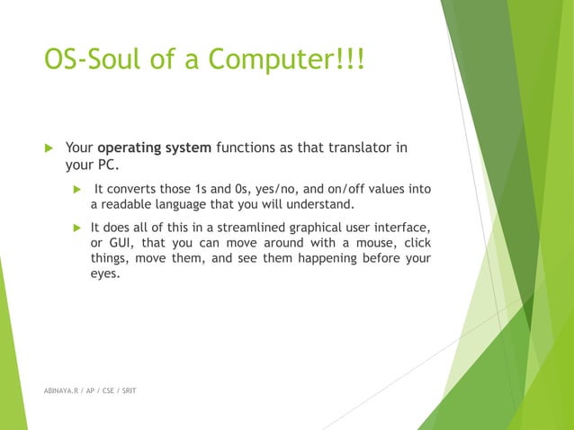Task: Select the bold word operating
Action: point(130,148)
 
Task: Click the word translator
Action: point(361,148)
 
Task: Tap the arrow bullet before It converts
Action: point(77,189)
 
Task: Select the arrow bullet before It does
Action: point(77,227)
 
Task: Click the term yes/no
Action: point(266,189)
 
